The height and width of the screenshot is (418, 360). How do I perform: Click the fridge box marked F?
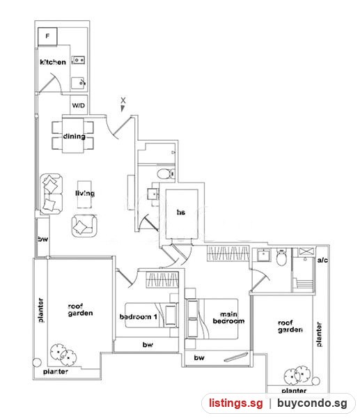pos(47,36)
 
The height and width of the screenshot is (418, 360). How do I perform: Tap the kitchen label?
pos(53,62)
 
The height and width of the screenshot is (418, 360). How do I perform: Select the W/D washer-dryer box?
pos(79,105)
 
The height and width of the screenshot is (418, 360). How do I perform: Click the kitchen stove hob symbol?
pos(78,60)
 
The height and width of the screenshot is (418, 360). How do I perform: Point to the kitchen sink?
pos(78,83)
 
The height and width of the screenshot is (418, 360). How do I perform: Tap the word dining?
pos(75,137)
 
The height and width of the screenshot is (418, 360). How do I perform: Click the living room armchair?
pos(84,226)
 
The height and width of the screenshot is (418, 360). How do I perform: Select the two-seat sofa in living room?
pos(51,194)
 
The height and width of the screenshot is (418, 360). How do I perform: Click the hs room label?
pos(181,212)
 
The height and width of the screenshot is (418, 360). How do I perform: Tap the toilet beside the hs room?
pos(166,174)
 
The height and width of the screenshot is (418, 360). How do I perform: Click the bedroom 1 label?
pos(139,316)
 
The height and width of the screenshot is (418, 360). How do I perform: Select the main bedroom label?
pos(228,318)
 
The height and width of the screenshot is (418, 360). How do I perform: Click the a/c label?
pos(322,260)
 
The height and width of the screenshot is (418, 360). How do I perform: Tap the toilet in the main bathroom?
pos(281,256)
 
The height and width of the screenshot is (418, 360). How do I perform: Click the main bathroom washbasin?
pos(263,255)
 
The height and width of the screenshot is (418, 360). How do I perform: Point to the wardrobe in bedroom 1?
pos(162,279)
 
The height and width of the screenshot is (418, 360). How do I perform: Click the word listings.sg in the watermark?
pos(236,403)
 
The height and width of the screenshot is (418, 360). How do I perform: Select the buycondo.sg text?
pos(312,403)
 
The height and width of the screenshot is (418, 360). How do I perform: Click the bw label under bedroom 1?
pos(148,345)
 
